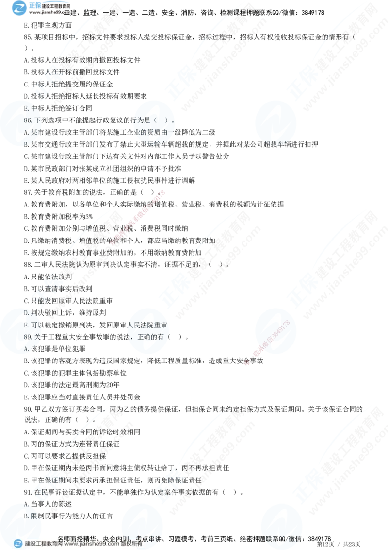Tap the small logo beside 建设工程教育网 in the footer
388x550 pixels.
(x=18, y=544)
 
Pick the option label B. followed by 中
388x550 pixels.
(x=30, y=108)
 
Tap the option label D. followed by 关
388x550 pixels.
(x=30, y=313)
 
